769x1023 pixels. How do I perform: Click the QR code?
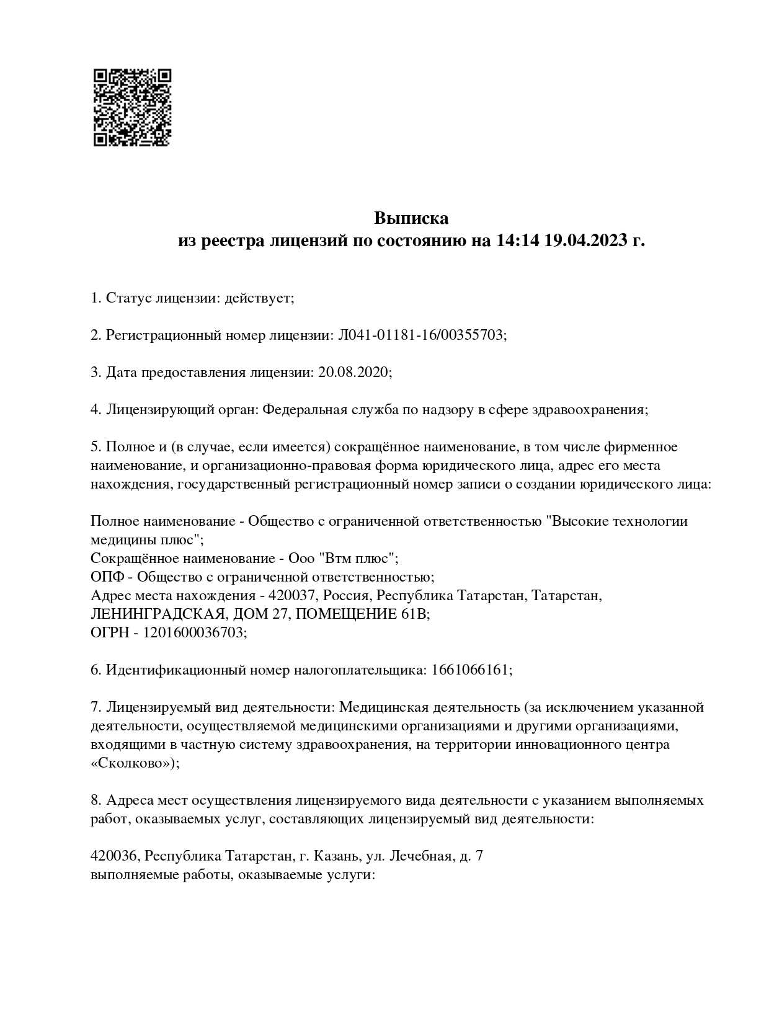tap(131, 107)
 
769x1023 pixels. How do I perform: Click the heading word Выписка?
tap(411, 218)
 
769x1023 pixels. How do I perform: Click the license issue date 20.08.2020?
tap(353, 373)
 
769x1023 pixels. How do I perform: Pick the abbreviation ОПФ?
tap(107, 577)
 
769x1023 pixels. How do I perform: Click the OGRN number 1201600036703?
tap(194, 633)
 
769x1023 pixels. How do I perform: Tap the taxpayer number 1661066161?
tap(470, 670)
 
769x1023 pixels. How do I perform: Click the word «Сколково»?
tap(132, 763)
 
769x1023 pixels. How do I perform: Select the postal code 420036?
tap(113, 856)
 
